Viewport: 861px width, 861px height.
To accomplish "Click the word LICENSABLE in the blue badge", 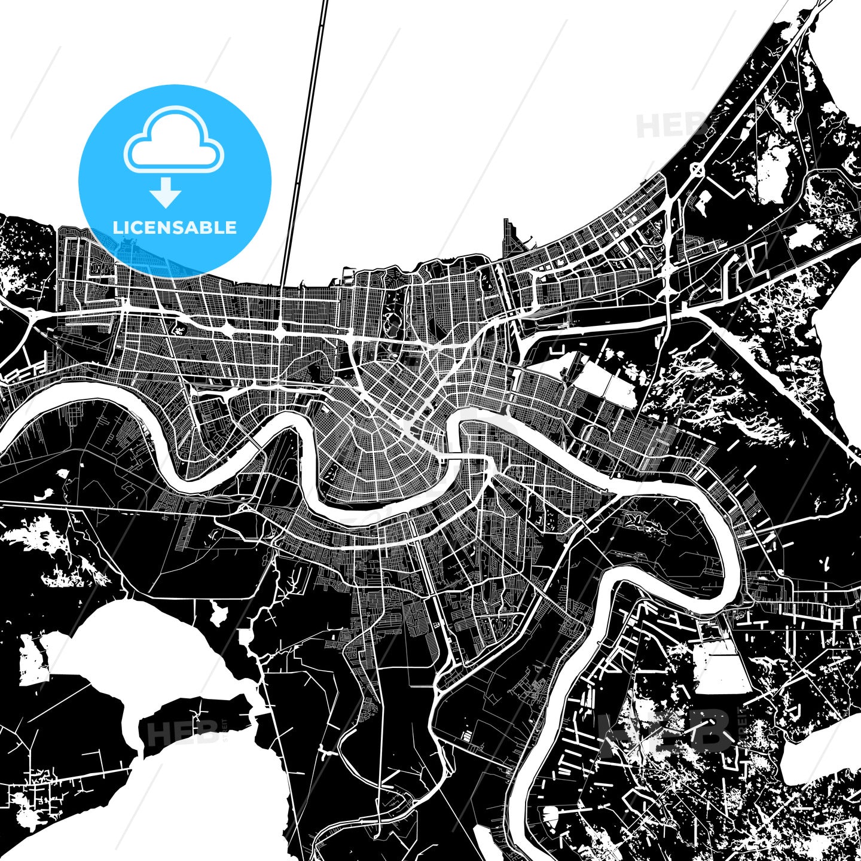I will click(x=175, y=227).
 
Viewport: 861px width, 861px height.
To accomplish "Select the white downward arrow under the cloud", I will click(x=166, y=193).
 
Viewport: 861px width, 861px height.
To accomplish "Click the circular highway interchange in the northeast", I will click(x=697, y=170).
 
